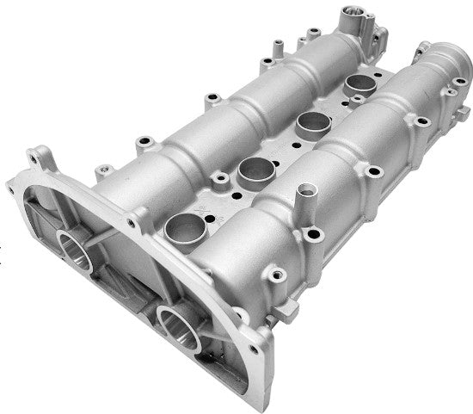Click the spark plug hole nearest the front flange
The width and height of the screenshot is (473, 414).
[184, 227]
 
